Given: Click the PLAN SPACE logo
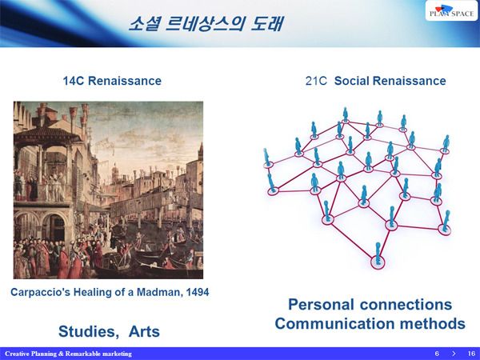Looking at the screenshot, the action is pyautogui.click(x=451, y=10).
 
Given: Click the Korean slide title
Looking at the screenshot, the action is pyautogui.click(x=206, y=24).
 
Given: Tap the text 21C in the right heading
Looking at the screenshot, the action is pyautogui.click(x=316, y=81).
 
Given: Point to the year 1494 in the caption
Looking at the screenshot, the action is pyautogui.click(x=198, y=292).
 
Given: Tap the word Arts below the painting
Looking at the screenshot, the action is pyautogui.click(x=144, y=331).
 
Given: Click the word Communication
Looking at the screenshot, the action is pyautogui.click(x=335, y=324).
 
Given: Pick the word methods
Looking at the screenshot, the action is pyautogui.click(x=433, y=324).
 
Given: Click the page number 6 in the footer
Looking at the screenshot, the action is pyautogui.click(x=437, y=354).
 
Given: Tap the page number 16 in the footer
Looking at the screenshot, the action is pyautogui.click(x=471, y=354).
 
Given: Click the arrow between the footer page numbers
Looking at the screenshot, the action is pyautogui.click(x=454, y=354).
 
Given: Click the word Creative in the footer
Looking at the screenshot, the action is pyautogui.click(x=17, y=354).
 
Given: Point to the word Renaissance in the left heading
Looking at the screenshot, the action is pyautogui.click(x=125, y=81).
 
